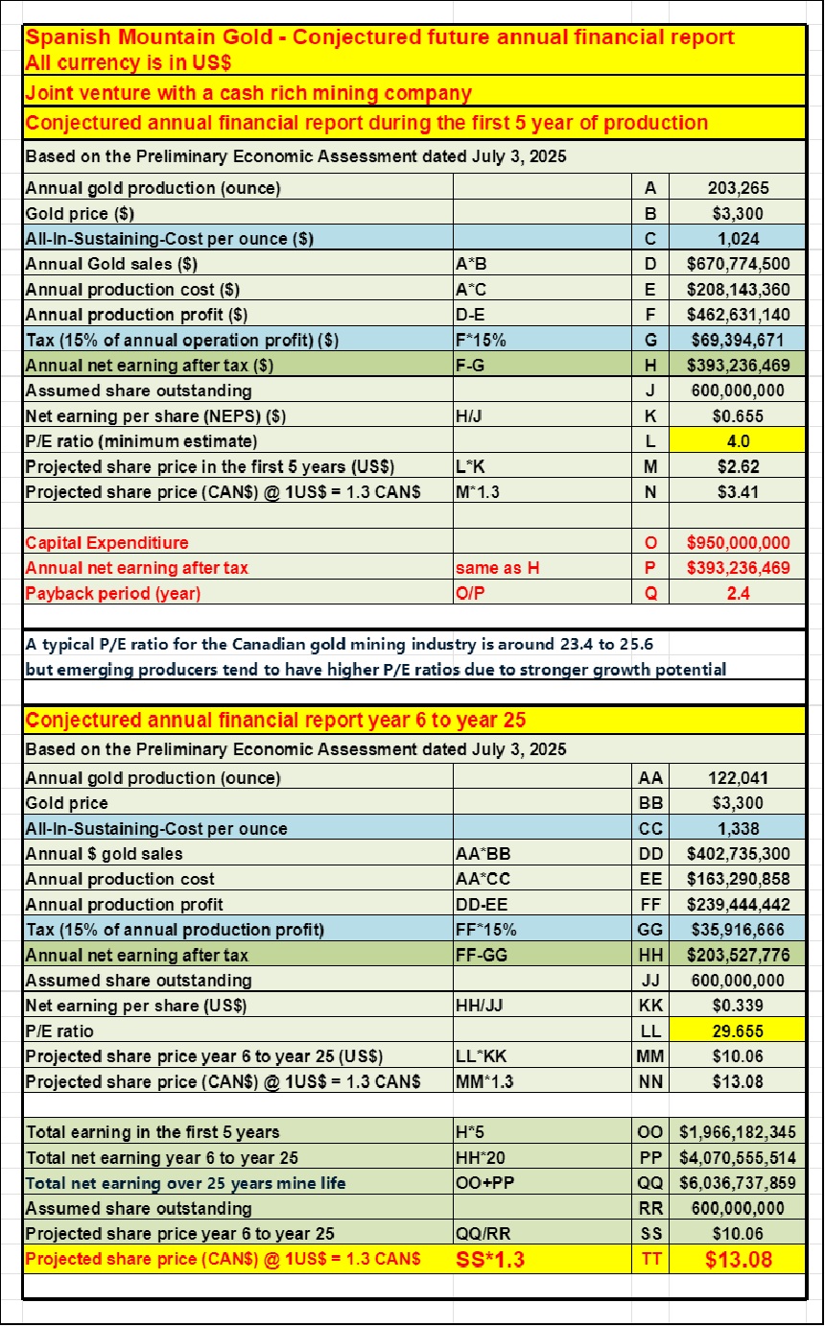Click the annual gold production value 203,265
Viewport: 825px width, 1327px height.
click(736, 188)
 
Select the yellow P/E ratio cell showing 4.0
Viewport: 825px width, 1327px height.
click(736, 441)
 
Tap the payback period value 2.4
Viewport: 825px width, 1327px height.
click(736, 593)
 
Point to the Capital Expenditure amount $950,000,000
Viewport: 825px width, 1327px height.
click(736, 543)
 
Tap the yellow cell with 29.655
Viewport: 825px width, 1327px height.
click(736, 1031)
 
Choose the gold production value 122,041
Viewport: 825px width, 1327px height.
click(736, 778)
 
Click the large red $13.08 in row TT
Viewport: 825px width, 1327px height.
click(736, 1259)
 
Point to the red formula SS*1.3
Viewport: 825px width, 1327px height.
click(489, 1259)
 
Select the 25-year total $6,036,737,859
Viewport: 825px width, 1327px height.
click(736, 1183)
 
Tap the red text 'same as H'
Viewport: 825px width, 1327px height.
click(497, 568)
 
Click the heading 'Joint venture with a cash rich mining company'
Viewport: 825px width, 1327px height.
click(248, 92)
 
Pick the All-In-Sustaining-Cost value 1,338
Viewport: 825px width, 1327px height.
click(736, 828)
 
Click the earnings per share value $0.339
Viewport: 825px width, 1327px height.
click(736, 1006)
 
